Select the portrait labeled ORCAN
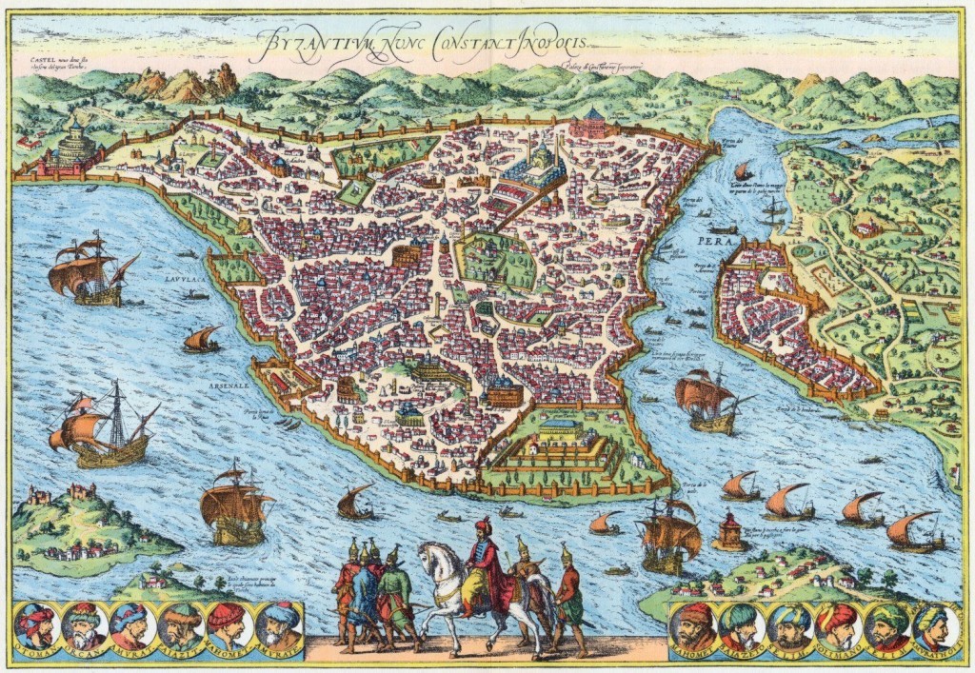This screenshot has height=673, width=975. point(86,626)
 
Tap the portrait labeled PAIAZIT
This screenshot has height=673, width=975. point(181,626)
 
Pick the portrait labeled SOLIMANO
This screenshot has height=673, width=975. point(839,626)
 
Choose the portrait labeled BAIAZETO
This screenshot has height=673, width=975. point(741,626)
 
